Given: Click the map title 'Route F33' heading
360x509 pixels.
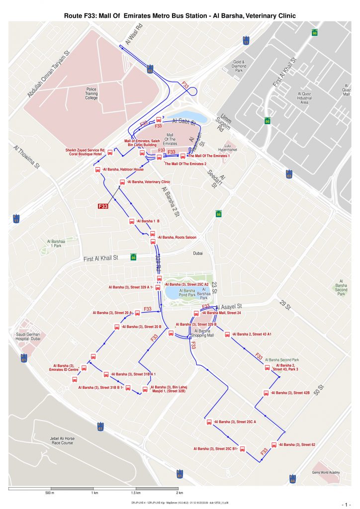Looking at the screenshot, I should (x=180, y=16).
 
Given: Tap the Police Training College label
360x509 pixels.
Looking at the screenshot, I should (x=91, y=93).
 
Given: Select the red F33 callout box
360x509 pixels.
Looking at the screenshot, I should (x=103, y=206).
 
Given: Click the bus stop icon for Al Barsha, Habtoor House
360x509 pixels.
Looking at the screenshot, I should (x=98, y=170).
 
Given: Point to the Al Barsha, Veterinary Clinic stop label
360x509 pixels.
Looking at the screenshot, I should (x=149, y=182).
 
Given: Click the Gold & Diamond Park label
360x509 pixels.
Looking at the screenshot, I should (x=239, y=67).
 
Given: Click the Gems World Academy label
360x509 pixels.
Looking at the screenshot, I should (x=326, y=472).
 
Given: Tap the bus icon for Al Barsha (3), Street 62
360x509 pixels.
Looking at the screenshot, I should (x=273, y=444).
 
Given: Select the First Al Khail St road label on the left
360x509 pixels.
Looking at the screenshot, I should (x=100, y=258).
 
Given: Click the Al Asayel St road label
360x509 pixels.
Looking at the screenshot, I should (x=228, y=307).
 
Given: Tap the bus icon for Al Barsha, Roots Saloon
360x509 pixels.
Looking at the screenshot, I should (x=153, y=242).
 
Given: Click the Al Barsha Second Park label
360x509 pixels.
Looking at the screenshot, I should (x=282, y=359).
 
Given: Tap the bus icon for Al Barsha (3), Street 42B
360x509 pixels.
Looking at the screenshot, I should (x=267, y=393).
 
